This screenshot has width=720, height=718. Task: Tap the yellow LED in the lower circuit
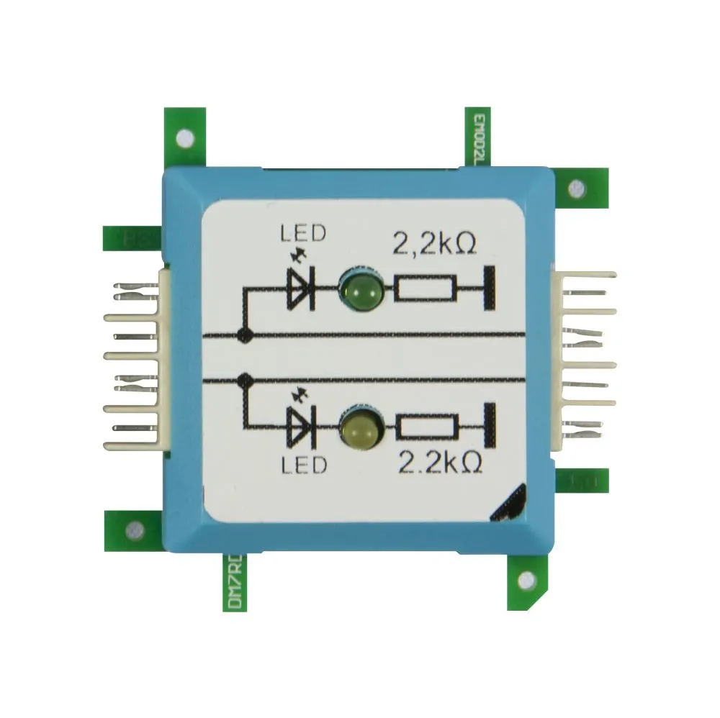(360, 429)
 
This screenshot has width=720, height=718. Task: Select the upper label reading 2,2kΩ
(434, 245)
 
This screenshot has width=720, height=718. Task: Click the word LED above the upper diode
(302, 233)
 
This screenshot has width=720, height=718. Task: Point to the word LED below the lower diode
(303, 465)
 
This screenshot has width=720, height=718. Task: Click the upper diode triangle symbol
(301, 291)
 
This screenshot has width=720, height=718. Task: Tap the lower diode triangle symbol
(301, 426)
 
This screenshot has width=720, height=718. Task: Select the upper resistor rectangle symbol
(425, 291)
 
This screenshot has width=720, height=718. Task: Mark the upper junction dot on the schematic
(245, 334)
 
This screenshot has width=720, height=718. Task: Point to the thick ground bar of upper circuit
(490, 289)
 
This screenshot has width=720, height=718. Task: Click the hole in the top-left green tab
(185, 136)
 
